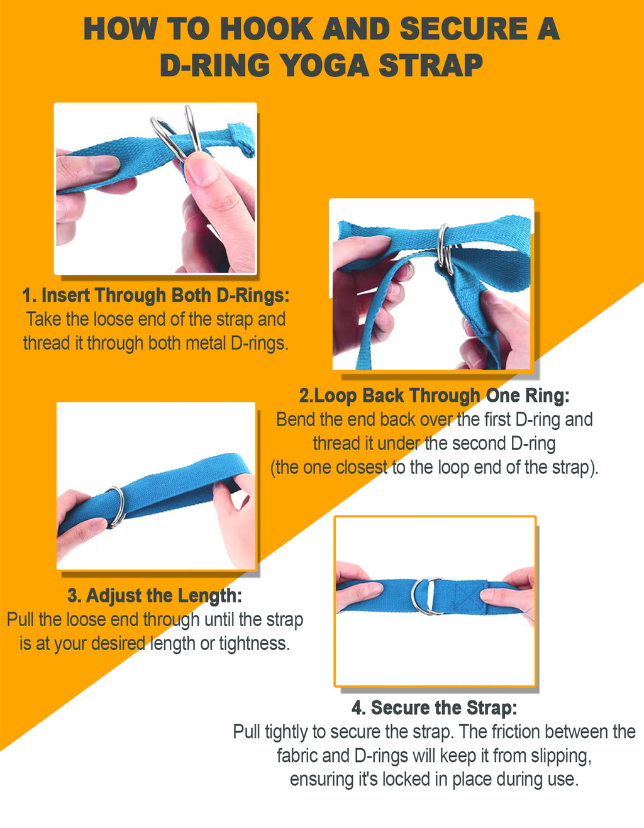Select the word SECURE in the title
tap(464, 29)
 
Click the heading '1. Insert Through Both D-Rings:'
tap(156, 295)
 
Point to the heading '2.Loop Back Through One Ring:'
tap(434, 396)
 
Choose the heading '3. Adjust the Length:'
tap(155, 595)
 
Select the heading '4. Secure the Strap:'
tap(434, 708)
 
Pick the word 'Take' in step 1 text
tap(44, 319)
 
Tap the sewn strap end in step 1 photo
tap(243, 138)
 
